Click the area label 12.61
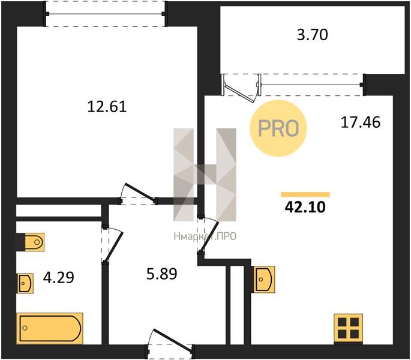point(107,107)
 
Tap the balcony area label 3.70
point(313,35)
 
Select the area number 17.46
point(361,122)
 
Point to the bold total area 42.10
point(305,207)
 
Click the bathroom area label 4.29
point(58,277)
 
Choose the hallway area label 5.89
point(162,274)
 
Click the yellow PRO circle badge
point(278,128)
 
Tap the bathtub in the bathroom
point(50,328)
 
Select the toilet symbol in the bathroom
point(34,242)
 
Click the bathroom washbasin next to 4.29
point(25,283)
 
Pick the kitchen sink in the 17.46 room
point(263,279)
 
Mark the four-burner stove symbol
point(349,328)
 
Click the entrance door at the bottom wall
point(170,343)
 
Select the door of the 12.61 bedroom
point(139,194)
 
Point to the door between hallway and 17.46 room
point(208,235)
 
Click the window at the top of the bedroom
point(106,14)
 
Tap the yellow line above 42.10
point(305,194)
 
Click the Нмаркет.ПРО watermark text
point(205,236)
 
